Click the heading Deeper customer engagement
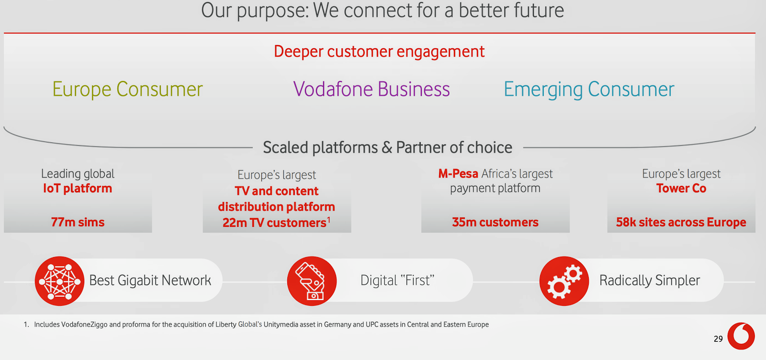(379, 52)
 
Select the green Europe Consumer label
(127, 90)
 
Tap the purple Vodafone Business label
(372, 89)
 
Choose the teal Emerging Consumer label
(589, 90)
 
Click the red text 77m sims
(78, 222)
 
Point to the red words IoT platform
(78, 188)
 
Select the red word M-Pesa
(458, 174)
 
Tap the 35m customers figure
(495, 222)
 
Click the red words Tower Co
(681, 188)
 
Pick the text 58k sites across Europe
(681, 222)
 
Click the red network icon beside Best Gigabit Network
(59, 281)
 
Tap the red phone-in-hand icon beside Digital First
(312, 281)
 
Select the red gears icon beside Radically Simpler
(564, 281)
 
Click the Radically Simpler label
(650, 281)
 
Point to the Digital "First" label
(397, 281)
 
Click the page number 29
(718, 339)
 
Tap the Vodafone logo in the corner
(741, 336)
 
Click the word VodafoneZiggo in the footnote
(84, 325)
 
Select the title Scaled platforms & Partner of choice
(387, 148)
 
